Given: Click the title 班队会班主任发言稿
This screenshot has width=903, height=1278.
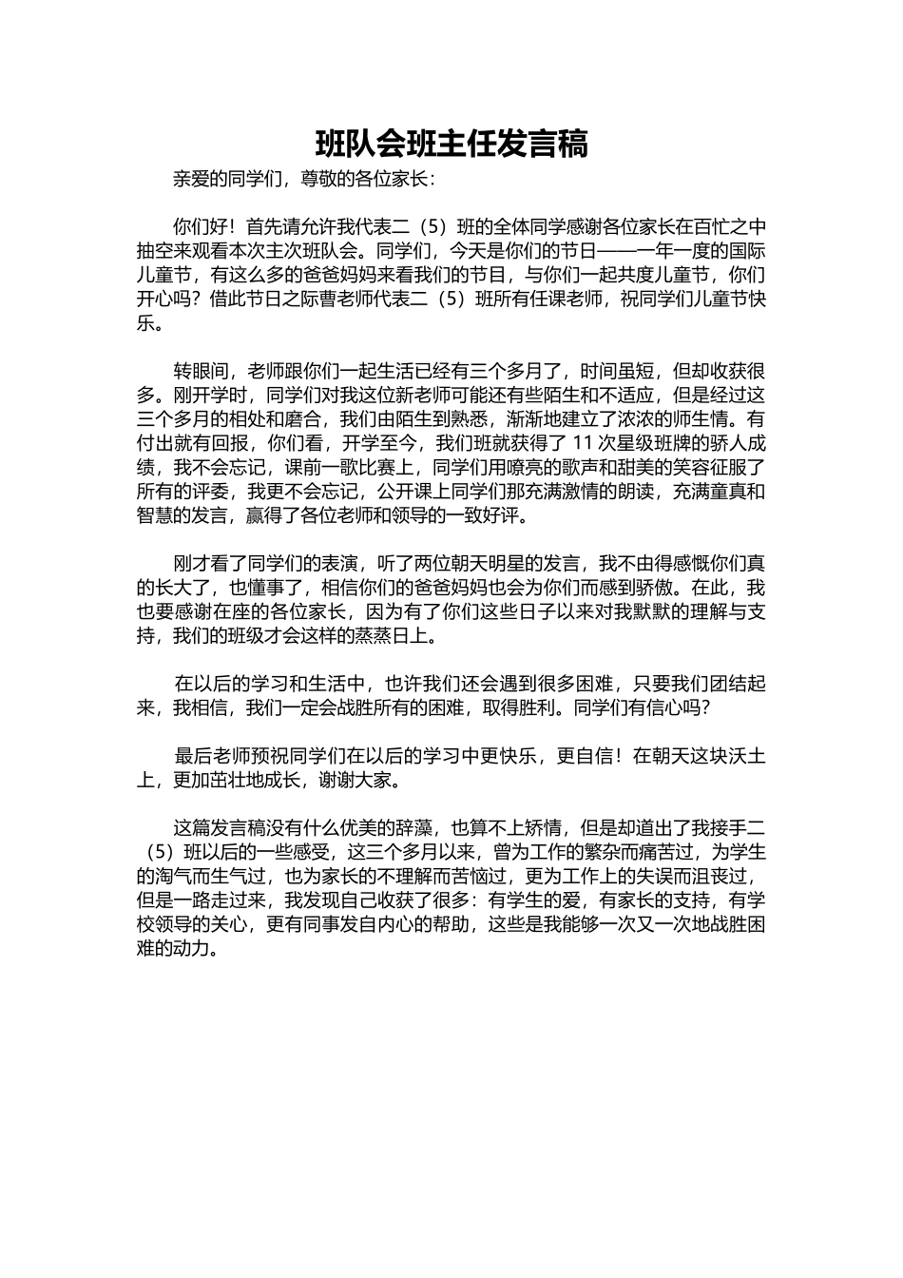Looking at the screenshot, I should click(451, 145).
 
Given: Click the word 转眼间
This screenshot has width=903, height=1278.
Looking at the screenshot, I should click(200, 370).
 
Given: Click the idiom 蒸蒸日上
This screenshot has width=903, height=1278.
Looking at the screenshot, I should click(395, 636).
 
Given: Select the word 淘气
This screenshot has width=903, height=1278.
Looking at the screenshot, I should click(173, 876).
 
